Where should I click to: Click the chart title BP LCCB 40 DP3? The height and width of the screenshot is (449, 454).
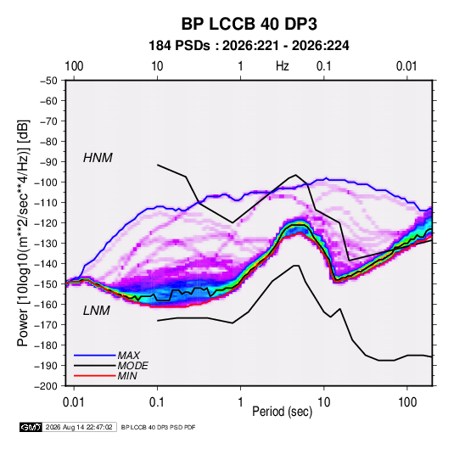[x=249, y=24]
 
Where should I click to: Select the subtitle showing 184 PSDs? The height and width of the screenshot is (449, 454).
[x=249, y=46]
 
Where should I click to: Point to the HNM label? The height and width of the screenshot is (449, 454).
[x=98, y=158]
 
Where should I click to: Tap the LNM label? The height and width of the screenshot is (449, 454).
[x=97, y=311]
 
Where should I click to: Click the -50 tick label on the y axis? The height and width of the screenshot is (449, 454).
[x=48, y=81]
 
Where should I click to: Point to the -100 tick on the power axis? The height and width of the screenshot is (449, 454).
[x=46, y=182]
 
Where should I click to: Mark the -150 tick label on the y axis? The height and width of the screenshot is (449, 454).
[x=46, y=284]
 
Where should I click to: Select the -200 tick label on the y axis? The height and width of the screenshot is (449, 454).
[x=46, y=386]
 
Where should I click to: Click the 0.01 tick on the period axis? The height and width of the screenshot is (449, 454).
[x=74, y=402]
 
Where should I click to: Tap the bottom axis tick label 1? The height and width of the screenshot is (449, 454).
[x=240, y=402]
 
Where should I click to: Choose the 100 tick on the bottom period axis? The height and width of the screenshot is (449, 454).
[x=407, y=402]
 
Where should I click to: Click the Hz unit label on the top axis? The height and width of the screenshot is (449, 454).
[x=283, y=66]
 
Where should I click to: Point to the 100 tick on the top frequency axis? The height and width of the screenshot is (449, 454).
[x=74, y=66]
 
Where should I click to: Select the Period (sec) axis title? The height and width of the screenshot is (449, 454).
[x=283, y=412]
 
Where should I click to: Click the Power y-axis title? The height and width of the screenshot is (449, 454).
[x=23, y=233]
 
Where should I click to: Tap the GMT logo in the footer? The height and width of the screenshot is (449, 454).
[x=31, y=427]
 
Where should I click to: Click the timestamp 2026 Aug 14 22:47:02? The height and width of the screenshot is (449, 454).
[x=79, y=427]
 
